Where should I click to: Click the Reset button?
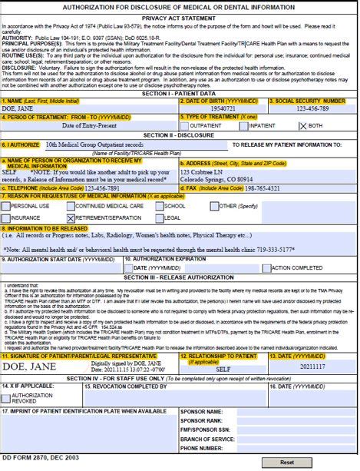point(286,463)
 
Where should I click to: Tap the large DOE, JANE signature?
point(29,367)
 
